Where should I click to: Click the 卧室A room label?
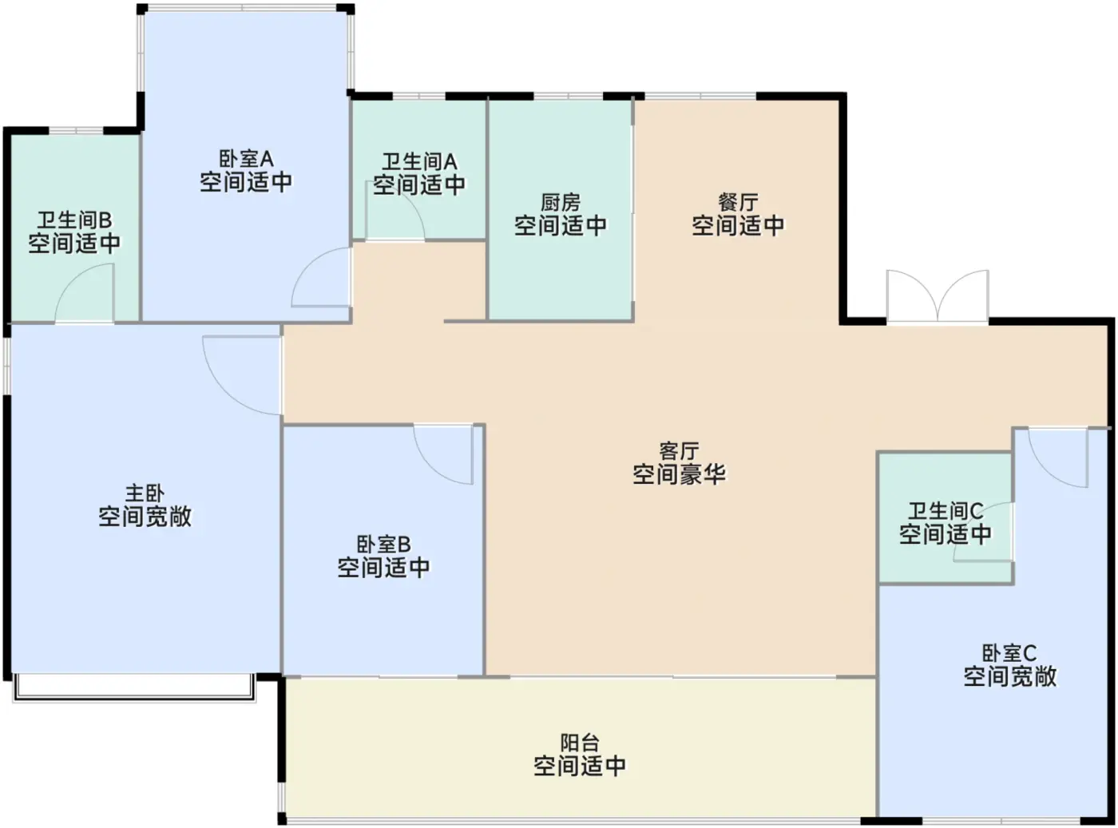246,159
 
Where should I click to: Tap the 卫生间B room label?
74,220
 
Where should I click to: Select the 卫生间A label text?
419,162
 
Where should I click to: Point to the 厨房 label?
561,203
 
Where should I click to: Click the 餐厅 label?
738,203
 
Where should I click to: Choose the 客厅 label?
679,451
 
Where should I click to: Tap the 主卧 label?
145,493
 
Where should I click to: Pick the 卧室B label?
383,545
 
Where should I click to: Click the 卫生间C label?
945,511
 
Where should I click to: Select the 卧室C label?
1009,653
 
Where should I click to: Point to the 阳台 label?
580,743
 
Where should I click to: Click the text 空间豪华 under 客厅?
679,473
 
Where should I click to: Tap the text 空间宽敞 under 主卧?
145,516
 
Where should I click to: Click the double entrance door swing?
938,296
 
